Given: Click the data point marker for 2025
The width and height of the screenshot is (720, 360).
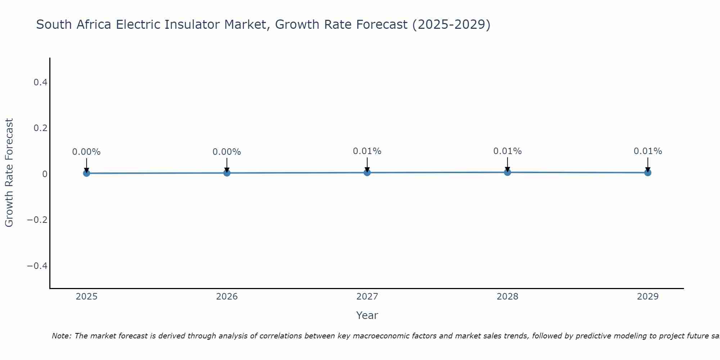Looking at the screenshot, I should (x=86, y=173).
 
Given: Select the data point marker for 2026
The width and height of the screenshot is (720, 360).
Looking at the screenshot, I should (x=227, y=173).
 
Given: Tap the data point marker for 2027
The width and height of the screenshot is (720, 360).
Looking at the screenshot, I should (x=367, y=172).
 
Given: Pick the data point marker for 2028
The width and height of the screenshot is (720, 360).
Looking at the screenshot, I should (x=508, y=172).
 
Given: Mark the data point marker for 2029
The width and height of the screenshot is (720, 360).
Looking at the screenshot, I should (x=648, y=172).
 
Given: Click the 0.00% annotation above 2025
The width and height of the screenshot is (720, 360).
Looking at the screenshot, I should (x=86, y=152).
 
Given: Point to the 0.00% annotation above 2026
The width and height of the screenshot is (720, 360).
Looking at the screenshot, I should (x=227, y=152).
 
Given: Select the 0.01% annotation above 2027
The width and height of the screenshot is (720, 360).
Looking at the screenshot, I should (x=367, y=151).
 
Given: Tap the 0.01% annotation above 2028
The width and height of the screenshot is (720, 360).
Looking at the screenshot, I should (x=508, y=151).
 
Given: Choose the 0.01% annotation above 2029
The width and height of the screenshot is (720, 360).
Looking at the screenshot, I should (x=648, y=151).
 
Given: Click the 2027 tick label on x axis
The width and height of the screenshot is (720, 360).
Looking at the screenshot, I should (x=367, y=297).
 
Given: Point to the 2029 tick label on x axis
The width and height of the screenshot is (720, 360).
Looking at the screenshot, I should (x=648, y=297).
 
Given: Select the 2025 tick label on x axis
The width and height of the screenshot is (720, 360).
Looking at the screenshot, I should (x=86, y=297).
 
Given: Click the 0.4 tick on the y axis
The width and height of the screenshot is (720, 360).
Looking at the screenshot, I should (x=40, y=82).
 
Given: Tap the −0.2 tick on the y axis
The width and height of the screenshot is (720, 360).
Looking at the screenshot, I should (x=37, y=220).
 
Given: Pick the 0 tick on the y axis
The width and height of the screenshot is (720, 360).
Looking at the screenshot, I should (x=45, y=174).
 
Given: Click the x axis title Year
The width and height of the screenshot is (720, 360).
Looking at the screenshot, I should (x=367, y=316).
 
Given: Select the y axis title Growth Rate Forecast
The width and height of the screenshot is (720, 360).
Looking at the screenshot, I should (x=9, y=173).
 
